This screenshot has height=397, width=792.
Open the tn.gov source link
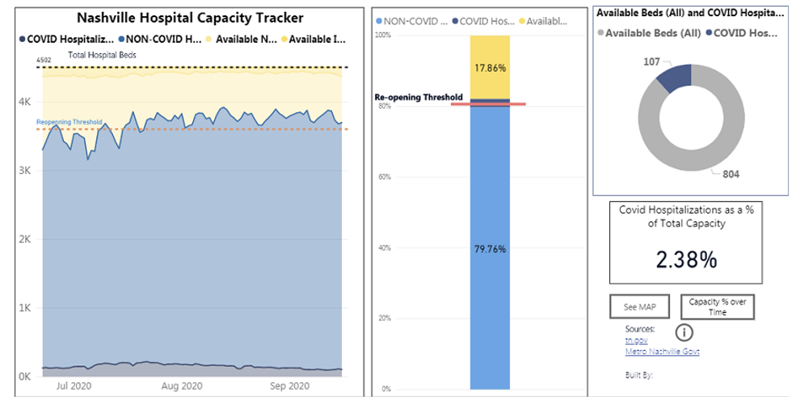click(636, 340)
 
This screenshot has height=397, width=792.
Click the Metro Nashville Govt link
click(662, 352)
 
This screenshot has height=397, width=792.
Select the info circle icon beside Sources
click(684, 332)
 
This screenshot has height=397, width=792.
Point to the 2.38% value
click(686, 260)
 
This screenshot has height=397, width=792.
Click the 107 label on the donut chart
click(647, 61)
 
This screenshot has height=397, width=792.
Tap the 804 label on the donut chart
click(731, 174)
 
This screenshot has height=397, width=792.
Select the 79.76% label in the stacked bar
click(490, 249)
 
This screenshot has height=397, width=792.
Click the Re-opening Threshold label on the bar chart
click(416, 97)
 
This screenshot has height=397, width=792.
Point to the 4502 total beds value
click(44, 60)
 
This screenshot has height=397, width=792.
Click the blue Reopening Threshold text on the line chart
click(70, 122)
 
